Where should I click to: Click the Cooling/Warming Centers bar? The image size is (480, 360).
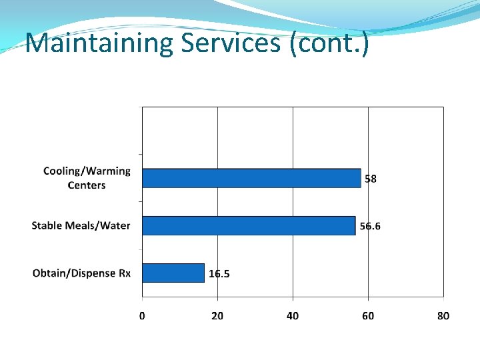click(x=251, y=178)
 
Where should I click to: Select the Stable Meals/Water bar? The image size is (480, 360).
click(x=249, y=225)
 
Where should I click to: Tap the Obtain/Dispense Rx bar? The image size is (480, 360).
click(x=173, y=273)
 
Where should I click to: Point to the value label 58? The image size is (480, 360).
click(x=371, y=179)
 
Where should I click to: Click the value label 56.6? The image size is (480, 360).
click(x=370, y=226)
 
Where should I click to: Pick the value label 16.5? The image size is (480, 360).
click(x=219, y=273)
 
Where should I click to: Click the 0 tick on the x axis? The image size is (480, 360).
click(x=142, y=315)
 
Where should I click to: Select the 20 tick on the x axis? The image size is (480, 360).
click(x=217, y=315)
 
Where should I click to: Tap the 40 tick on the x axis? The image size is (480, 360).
click(x=293, y=315)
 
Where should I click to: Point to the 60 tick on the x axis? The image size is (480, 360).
click(x=368, y=315)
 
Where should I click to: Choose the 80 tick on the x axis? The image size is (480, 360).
click(x=443, y=315)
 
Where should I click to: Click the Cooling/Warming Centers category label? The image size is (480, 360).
click(x=87, y=177)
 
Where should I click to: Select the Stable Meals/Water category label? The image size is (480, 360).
click(x=81, y=225)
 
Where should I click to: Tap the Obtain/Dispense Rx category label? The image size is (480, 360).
click(x=81, y=273)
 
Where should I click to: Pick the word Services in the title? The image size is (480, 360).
click(x=229, y=43)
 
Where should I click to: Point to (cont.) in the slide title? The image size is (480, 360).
click(x=329, y=44)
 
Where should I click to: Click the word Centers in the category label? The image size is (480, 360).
click(x=87, y=185)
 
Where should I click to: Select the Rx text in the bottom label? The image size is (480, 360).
click(x=125, y=273)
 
